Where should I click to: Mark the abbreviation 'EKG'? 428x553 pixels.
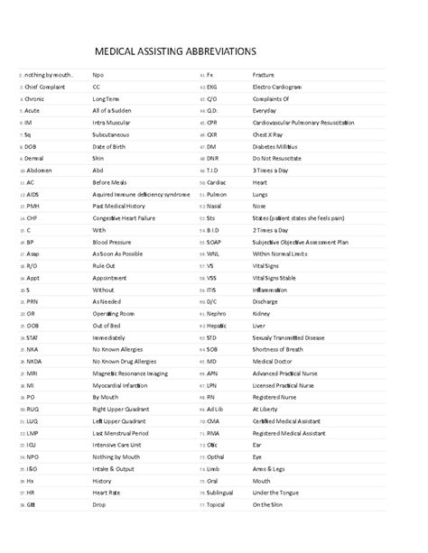(x=213, y=86)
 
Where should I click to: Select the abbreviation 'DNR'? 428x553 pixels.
(x=213, y=158)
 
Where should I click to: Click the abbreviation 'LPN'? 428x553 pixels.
(x=212, y=384)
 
